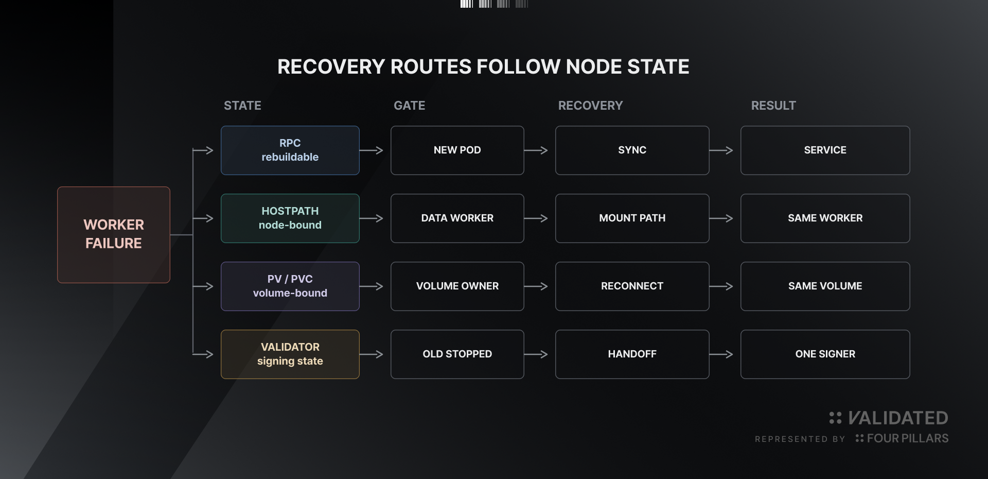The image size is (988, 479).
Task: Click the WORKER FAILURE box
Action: tap(114, 235)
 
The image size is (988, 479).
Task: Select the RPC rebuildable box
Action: tap(290, 150)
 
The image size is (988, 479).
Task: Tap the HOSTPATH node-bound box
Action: tap(290, 218)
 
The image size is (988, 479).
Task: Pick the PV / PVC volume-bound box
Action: tap(290, 286)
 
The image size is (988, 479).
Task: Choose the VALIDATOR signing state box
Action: tap(290, 354)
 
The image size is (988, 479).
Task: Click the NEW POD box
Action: tap(457, 150)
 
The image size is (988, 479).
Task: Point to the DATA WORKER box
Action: tap(457, 218)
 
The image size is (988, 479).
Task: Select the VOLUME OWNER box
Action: tap(457, 286)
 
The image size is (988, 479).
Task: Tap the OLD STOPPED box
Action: tap(457, 354)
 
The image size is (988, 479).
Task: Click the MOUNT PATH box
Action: tap(632, 218)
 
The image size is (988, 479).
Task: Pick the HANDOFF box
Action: tap(632, 354)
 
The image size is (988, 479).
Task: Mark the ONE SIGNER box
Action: tap(825, 354)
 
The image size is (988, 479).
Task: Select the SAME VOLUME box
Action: tap(825, 286)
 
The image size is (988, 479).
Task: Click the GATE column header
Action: tap(410, 106)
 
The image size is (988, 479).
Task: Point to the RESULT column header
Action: tap(773, 106)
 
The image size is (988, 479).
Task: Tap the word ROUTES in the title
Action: tap(431, 67)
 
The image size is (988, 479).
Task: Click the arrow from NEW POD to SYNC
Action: tap(536, 150)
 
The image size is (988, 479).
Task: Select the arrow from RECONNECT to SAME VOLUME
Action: tap(721, 286)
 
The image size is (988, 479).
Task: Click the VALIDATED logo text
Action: tap(898, 418)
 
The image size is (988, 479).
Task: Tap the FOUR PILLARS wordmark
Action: tap(908, 438)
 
